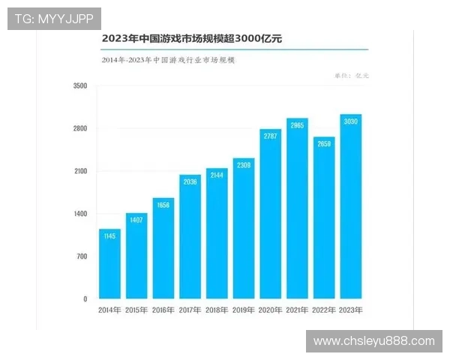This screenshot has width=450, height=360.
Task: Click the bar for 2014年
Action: click(109, 264)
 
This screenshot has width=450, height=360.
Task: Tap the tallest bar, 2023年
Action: click(351, 207)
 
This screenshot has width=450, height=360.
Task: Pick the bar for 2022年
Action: click(324, 218)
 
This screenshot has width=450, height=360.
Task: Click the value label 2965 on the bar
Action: click(297, 125)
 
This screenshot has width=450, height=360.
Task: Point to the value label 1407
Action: click(136, 220)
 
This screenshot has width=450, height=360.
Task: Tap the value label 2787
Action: click(270, 136)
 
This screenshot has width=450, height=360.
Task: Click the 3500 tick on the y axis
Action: click(81, 86)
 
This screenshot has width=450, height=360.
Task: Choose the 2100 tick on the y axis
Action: click(81, 172)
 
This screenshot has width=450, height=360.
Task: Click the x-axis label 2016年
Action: click(163, 310)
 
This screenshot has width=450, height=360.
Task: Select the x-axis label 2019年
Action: click(244, 310)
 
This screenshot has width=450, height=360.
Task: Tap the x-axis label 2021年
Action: click(297, 310)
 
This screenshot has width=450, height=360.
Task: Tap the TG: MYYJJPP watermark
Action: click(53, 18)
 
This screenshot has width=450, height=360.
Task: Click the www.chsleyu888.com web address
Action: click(373, 341)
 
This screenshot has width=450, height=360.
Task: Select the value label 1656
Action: click(163, 205)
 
